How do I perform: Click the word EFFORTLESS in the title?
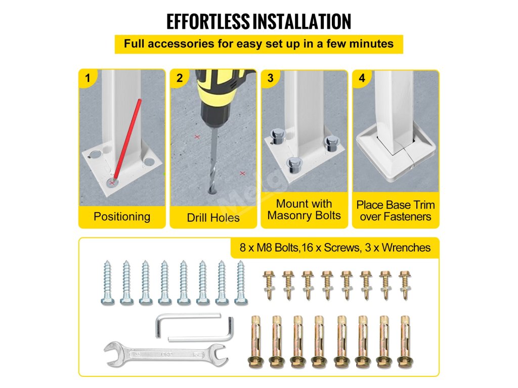point(208,22)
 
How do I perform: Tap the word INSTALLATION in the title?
point(302,22)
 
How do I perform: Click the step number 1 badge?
point(87,78)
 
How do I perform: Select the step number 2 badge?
point(180,78)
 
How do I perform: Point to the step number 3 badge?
point(271,78)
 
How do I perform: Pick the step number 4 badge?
point(362,78)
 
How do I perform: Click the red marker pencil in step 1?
point(127,141)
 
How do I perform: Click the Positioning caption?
point(122,217)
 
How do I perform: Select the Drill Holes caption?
point(213,218)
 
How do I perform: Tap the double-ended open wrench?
point(166,355)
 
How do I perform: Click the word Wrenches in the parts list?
point(406,248)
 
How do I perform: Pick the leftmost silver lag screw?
point(107,282)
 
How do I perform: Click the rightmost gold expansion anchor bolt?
point(406,342)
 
